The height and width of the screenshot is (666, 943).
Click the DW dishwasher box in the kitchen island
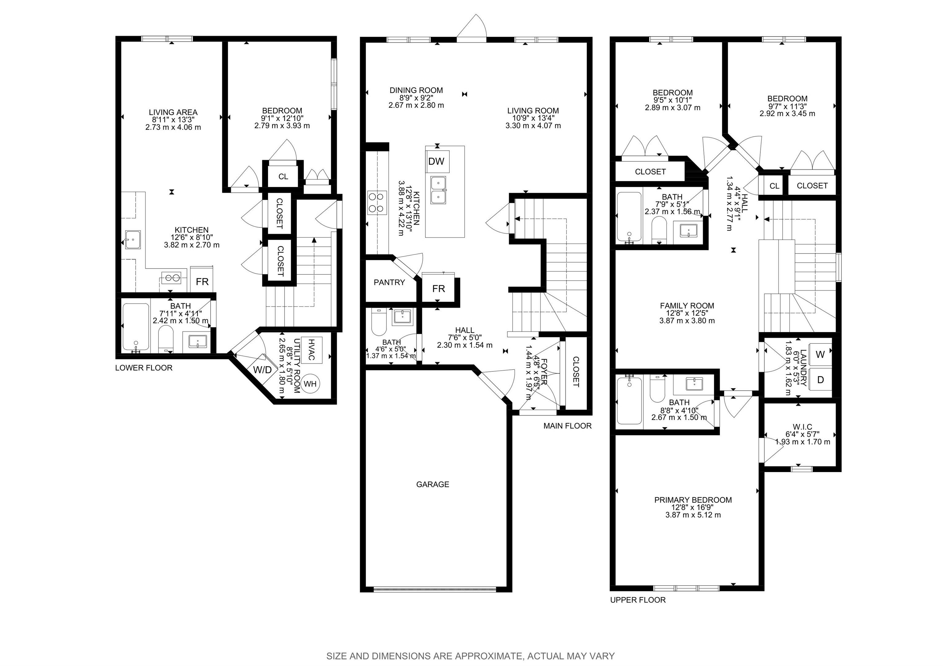click(437, 161)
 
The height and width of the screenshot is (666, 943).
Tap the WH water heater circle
click(311, 384)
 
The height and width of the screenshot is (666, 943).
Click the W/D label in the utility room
click(262, 370)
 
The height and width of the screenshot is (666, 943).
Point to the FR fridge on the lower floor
click(202, 281)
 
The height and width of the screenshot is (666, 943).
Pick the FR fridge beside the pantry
click(439, 289)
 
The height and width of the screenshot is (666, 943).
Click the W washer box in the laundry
click(820, 355)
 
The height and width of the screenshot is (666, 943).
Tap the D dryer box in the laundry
click(820, 380)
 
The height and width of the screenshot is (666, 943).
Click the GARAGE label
click(433, 485)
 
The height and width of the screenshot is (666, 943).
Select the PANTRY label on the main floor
click(389, 282)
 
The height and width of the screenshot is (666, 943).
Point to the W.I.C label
click(802, 427)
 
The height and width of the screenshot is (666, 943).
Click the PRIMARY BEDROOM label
click(693, 500)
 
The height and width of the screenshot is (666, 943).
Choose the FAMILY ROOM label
click(687, 305)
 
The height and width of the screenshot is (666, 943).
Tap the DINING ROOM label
click(416, 90)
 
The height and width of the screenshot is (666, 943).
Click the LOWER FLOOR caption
click(144, 368)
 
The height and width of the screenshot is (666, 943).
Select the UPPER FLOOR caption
click(638, 600)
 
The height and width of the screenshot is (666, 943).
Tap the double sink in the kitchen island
click(438, 190)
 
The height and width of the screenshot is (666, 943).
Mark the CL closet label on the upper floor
click(774, 186)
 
